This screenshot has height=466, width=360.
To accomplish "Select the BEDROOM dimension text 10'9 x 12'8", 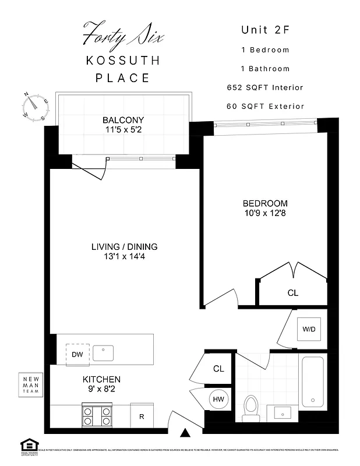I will point(265,214).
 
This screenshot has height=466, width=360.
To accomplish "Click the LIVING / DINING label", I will point(124,246).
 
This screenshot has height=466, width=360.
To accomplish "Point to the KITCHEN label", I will point(101,379).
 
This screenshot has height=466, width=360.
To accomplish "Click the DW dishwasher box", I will point(77,354).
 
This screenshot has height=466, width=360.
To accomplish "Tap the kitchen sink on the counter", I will point(107,352).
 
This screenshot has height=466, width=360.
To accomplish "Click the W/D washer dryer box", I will point(308,329).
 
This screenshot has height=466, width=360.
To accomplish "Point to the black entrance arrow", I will point(185,432).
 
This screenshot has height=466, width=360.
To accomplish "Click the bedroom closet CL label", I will point(292,293).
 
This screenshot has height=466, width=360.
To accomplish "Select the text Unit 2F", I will point(265,30).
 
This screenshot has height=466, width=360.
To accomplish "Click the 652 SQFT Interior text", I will point(265,87).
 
